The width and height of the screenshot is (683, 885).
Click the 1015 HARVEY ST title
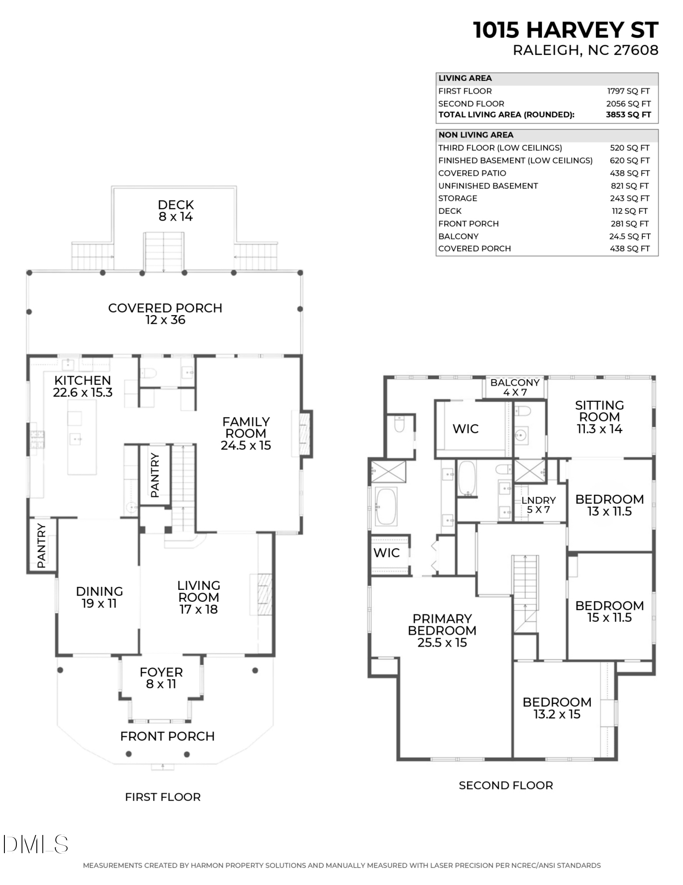(x=565, y=31)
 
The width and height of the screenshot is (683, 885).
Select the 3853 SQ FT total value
(x=628, y=115)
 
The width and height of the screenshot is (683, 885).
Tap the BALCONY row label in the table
(x=458, y=236)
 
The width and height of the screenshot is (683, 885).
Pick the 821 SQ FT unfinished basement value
(x=629, y=186)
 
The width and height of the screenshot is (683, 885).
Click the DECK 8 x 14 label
(x=176, y=211)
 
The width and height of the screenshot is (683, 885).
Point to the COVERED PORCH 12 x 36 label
(x=165, y=314)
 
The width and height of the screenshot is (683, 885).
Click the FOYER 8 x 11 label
(x=161, y=678)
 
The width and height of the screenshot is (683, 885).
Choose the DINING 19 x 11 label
(x=99, y=597)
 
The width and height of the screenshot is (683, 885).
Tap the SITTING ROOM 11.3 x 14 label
(x=599, y=417)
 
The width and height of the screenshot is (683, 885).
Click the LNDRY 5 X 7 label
(x=538, y=504)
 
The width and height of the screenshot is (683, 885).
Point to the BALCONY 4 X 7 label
(x=515, y=387)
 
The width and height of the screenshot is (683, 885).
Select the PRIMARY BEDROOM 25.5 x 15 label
(x=442, y=631)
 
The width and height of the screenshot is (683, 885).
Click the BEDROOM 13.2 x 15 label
(x=557, y=708)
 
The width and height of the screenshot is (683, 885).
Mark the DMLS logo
(x=35, y=844)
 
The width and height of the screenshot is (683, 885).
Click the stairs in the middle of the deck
(x=164, y=252)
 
